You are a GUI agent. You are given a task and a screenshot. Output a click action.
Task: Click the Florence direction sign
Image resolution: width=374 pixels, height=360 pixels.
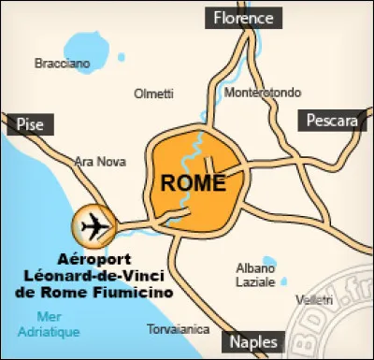pos(243,18)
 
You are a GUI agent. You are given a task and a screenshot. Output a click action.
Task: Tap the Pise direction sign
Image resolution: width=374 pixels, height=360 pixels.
pos(30,123)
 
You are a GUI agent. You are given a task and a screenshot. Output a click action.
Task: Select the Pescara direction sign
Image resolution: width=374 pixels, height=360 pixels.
pos(330,122)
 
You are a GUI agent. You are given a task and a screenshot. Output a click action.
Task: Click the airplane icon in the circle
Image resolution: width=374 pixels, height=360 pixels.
pos(94,225)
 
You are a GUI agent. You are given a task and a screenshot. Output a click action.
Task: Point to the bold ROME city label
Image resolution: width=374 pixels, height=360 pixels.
pos(194,182)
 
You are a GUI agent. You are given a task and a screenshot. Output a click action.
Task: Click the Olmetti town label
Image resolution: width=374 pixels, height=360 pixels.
pos(154,94)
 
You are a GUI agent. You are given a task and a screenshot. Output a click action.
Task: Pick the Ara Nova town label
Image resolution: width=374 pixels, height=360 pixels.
pos(100,161)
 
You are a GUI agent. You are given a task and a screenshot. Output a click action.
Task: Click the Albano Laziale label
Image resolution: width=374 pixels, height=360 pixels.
pos(255,274)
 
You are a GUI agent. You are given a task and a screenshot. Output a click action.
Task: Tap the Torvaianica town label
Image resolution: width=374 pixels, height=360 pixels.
pos(176,329)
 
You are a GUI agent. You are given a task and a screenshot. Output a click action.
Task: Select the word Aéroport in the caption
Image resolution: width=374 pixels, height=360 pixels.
pos(93,259)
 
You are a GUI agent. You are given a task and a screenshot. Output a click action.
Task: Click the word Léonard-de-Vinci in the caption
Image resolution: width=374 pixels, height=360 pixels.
pos(94,276)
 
